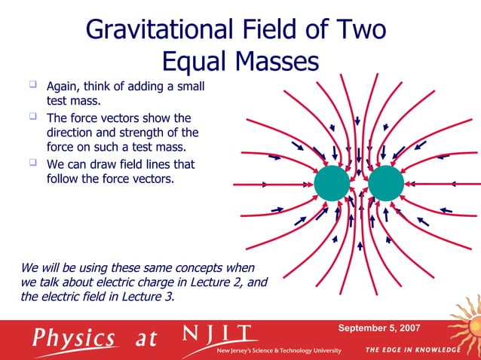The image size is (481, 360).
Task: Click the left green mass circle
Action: point(332,184)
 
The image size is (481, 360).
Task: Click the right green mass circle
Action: point(386,184)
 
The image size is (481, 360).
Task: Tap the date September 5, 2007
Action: point(379,328)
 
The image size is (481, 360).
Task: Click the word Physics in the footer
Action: point(74,337)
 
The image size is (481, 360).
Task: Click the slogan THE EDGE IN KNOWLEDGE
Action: point(412,350)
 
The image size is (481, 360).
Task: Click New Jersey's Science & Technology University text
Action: point(279,351)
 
